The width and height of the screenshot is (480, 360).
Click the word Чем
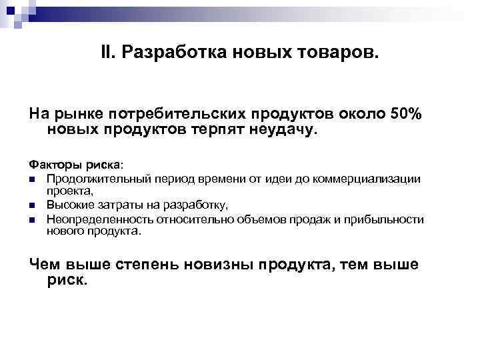click(x=45, y=265)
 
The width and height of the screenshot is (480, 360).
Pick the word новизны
click(x=227, y=265)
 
